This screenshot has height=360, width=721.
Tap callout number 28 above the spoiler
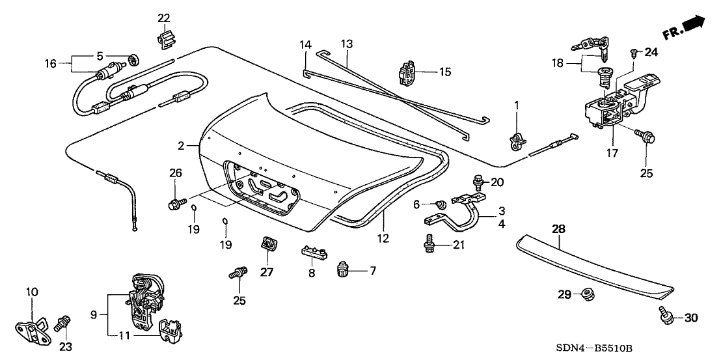[x=559, y=229]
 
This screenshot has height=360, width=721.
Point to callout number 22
[x=163, y=17]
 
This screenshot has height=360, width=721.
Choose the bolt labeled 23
[x=64, y=322]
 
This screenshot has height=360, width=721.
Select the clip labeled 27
[x=267, y=243]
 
